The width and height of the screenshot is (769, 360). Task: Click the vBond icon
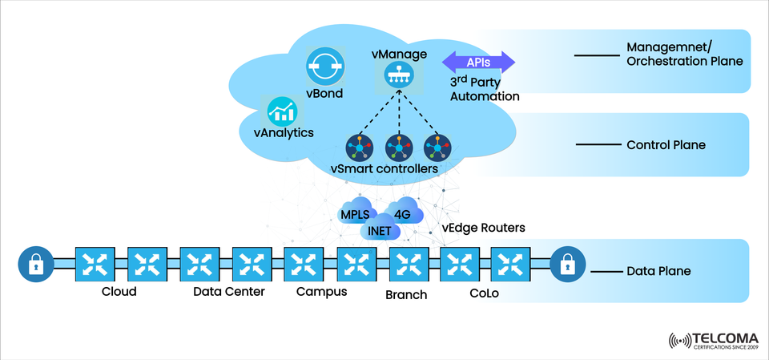pyautogui.click(x=324, y=66)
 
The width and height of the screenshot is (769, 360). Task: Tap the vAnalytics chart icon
pyautogui.click(x=281, y=111)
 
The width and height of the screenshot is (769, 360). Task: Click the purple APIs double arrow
pyautogui.click(x=479, y=62)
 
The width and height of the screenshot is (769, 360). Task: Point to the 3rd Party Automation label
pyautogui.click(x=484, y=88)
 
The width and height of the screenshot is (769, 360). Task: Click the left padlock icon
pyautogui.click(x=35, y=264)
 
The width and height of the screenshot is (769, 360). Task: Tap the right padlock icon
pyautogui.click(x=567, y=264)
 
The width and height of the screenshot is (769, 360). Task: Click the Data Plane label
pyautogui.click(x=659, y=271)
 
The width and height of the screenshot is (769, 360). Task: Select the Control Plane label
pyautogui.click(x=665, y=145)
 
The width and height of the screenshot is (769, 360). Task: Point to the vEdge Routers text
pyautogui.click(x=483, y=228)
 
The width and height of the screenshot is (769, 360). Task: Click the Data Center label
pyautogui.click(x=229, y=291)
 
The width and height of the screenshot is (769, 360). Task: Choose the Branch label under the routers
pyautogui.click(x=406, y=294)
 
